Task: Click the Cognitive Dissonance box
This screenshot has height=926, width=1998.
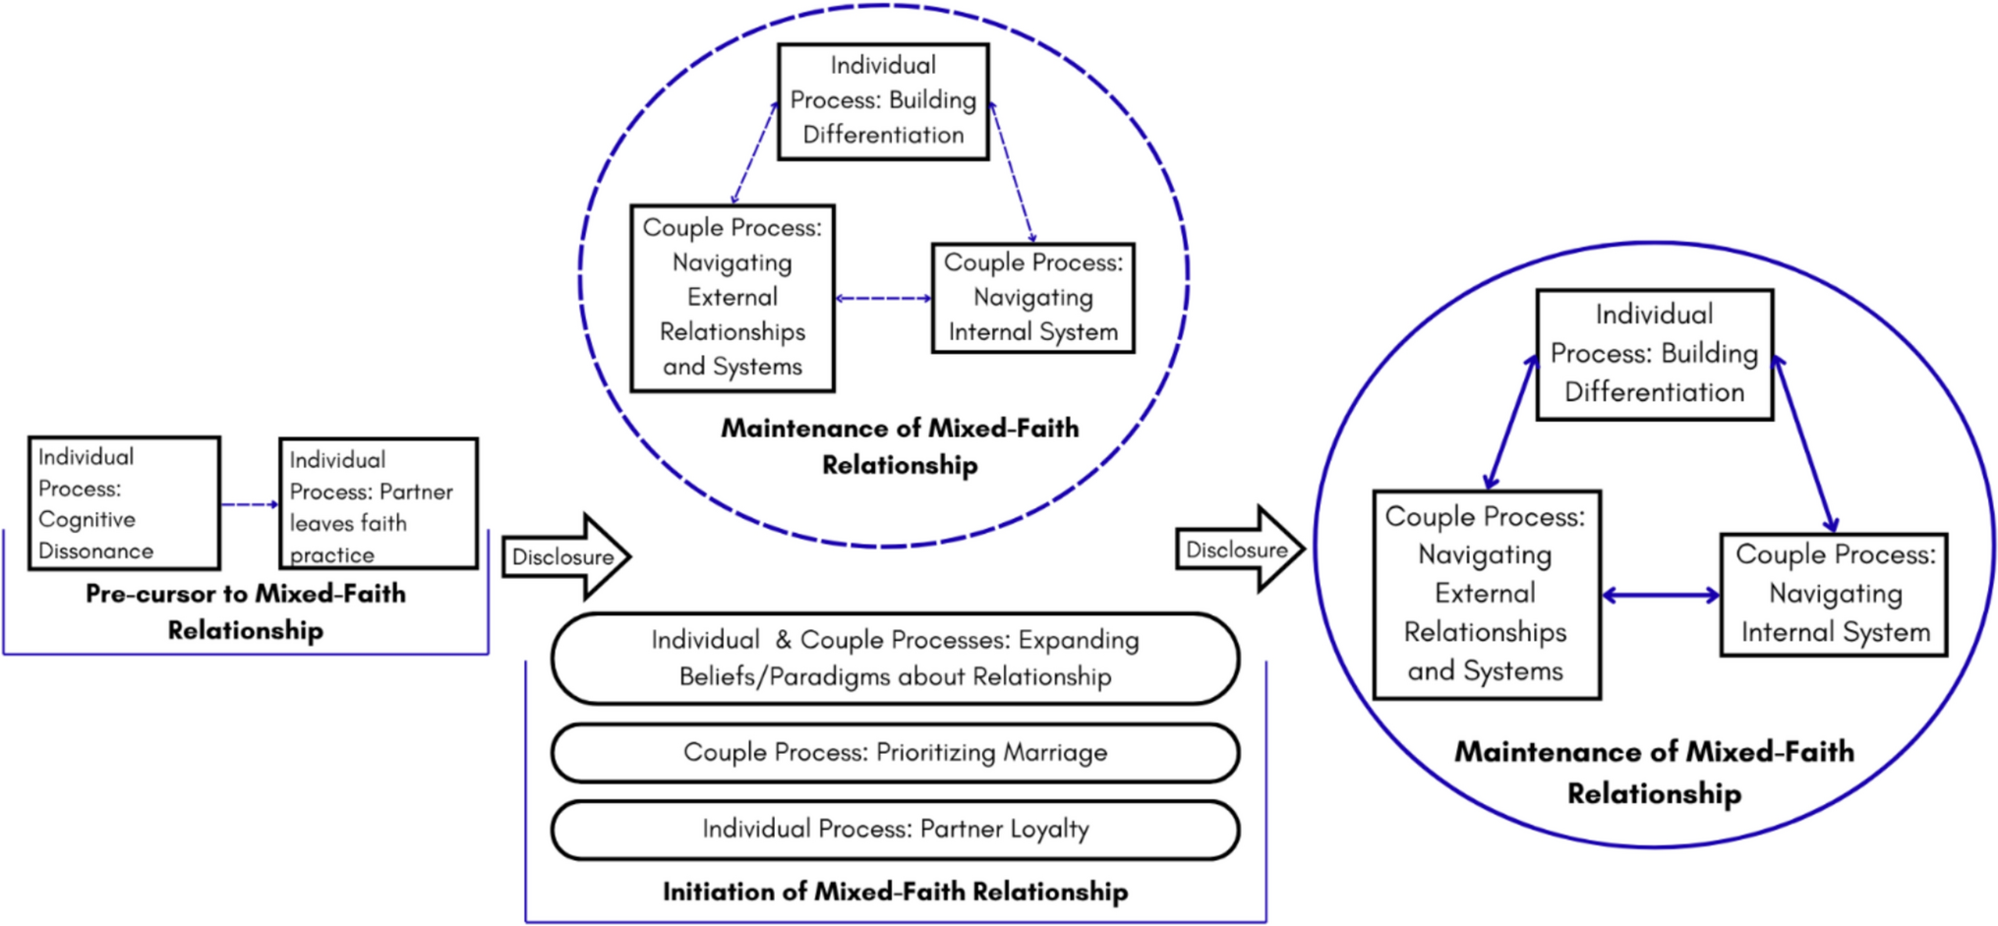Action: tap(124, 503)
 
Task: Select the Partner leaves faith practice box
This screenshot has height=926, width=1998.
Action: tap(379, 503)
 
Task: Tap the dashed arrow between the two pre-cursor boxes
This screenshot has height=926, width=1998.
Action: tap(250, 504)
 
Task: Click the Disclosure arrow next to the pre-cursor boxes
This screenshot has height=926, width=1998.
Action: tap(563, 556)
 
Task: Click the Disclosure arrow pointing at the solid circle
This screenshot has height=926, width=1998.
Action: tap(1237, 550)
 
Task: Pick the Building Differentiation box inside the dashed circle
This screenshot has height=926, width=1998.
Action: tap(883, 100)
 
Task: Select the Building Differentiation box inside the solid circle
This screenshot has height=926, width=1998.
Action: tap(1655, 354)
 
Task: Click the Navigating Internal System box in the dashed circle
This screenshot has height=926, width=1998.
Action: tap(1032, 298)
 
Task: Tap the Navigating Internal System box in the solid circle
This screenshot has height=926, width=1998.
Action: tap(1834, 594)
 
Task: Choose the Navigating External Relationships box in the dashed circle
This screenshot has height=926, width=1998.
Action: tap(733, 298)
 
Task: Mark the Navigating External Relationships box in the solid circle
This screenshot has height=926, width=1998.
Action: tap(1486, 595)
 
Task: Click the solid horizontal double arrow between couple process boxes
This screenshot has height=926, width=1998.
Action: tap(1661, 595)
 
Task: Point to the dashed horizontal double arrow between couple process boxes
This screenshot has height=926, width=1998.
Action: tap(883, 298)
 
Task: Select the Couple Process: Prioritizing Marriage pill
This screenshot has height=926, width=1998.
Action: tap(895, 753)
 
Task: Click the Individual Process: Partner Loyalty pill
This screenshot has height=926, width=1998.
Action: tap(895, 830)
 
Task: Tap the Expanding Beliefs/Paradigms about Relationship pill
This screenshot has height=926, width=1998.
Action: tap(895, 659)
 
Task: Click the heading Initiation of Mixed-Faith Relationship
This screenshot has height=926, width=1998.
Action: tap(895, 892)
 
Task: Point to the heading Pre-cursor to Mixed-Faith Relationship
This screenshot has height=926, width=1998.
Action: tap(246, 611)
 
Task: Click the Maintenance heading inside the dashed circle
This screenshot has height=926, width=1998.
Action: tap(900, 446)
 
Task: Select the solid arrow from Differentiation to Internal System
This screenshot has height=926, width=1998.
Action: tap(1805, 444)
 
